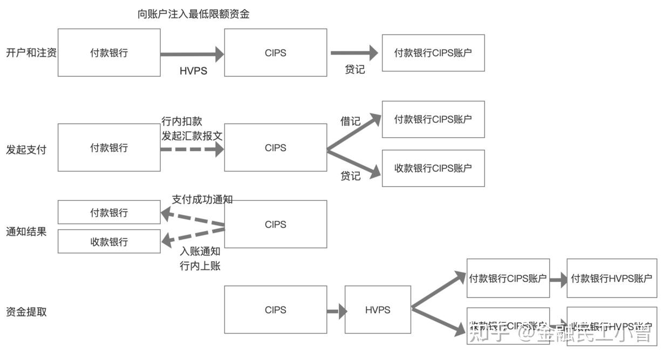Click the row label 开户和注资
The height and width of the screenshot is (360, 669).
(31, 53)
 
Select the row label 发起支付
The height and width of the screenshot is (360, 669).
(26, 150)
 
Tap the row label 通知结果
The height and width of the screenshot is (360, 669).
(26, 232)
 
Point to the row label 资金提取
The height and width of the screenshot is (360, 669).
(26, 312)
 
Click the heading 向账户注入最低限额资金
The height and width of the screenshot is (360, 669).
(194, 15)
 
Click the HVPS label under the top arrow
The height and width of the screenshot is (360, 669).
(193, 71)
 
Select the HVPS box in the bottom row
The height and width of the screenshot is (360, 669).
(378, 310)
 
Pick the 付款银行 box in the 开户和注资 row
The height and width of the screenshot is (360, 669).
(109, 53)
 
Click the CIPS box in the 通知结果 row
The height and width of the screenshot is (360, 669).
(275, 225)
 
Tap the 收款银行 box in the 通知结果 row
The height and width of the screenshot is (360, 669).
(109, 241)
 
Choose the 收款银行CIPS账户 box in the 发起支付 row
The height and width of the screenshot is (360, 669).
(433, 168)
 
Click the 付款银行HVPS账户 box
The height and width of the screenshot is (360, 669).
(612, 279)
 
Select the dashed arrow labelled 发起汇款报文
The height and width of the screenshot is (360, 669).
(192, 149)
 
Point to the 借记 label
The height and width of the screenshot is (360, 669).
(350, 121)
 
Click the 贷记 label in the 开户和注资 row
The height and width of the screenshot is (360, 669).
(354, 70)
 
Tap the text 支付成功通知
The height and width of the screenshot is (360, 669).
(202, 199)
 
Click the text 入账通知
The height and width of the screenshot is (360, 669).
(200, 252)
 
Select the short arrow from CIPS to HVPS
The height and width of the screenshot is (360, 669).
(336, 311)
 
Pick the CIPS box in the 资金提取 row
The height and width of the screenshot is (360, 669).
(275, 310)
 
